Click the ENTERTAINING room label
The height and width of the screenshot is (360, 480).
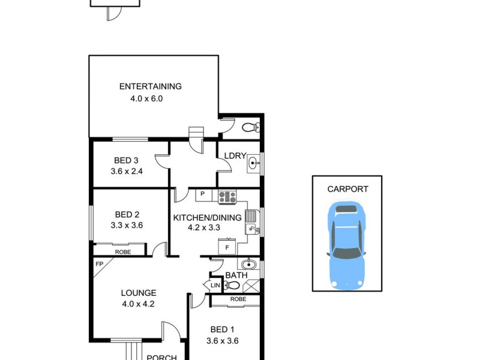tap(150, 86)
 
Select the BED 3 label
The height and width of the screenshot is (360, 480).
tap(127, 160)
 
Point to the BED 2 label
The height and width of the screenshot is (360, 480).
tap(127, 214)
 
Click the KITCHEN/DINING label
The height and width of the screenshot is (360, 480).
tap(207, 217)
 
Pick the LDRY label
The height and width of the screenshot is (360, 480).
tap(235, 156)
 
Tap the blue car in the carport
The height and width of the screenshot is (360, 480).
tap(347, 244)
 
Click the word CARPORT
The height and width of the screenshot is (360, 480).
tap(347, 189)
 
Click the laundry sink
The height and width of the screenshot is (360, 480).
tap(253, 163)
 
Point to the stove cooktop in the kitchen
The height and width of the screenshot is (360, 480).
tap(227, 195)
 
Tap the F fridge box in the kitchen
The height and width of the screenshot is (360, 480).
tap(227, 246)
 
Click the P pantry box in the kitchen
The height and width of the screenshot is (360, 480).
tap(203, 194)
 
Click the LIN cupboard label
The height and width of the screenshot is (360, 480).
tap(215, 286)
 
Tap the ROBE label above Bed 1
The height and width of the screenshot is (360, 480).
tap(238, 299)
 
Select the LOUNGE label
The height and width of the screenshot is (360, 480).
tap(139, 293)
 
